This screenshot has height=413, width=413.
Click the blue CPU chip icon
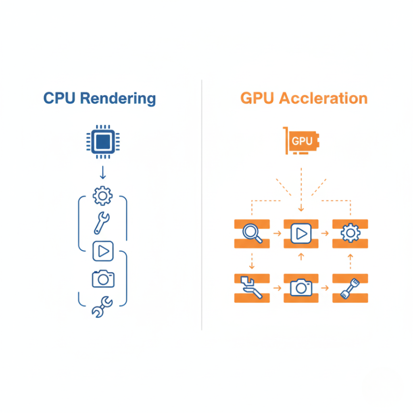[103, 142]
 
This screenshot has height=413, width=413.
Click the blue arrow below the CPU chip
[103, 172]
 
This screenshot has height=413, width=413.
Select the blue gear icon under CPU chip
[103, 195]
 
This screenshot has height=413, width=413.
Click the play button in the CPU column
[103, 251]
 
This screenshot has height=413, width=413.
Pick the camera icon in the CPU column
[103, 278]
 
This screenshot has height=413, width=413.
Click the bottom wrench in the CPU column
[102, 307]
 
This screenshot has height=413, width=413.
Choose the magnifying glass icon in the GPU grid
[252, 233]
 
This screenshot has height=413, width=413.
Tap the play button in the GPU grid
[301, 233]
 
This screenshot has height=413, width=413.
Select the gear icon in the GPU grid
[350, 233]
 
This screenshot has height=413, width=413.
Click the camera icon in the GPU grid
[301, 288]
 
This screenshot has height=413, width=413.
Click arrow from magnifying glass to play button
[277, 233]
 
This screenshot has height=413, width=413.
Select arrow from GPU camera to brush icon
[325, 288]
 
